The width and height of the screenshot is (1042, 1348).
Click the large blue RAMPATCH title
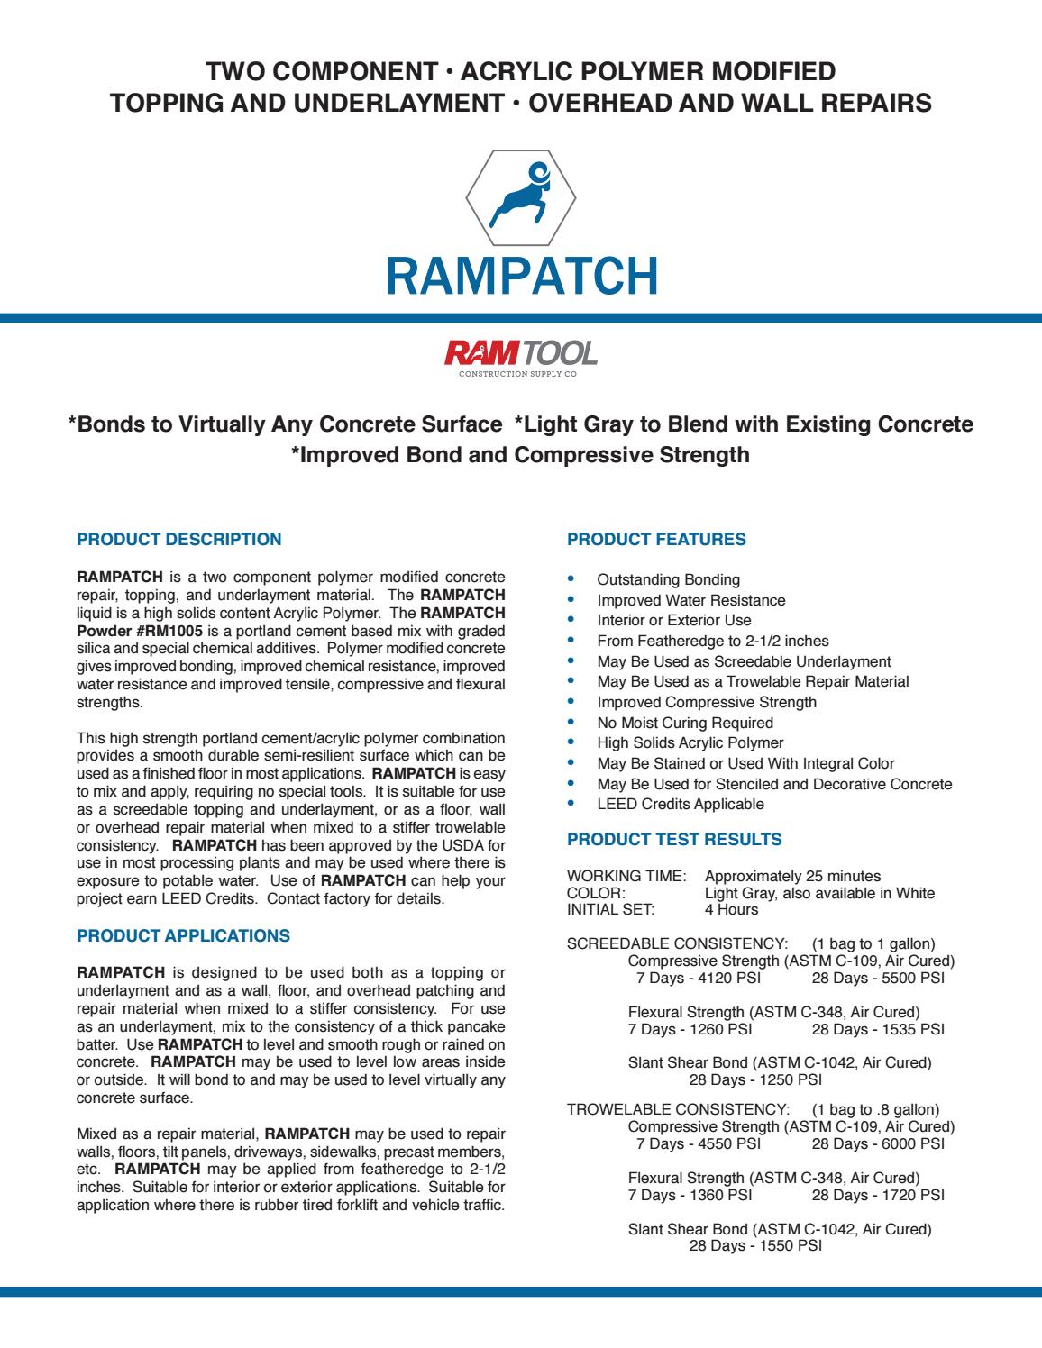tap(521, 276)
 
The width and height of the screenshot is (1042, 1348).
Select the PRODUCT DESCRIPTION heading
tap(179, 540)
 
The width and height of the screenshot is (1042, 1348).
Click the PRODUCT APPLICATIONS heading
tap(184, 936)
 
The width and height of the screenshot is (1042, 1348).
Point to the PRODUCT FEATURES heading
tap(656, 540)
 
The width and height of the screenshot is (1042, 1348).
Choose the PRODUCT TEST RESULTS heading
tap(674, 840)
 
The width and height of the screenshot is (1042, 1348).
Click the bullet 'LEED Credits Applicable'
tap(680, 804)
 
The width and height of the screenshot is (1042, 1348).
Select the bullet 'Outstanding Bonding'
tap(668, 579)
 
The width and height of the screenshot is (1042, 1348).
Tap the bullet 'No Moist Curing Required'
tap(685, 723)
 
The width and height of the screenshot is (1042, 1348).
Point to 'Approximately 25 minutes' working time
tap(792, 876)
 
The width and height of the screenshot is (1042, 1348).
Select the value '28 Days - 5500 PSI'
tap(878, 978)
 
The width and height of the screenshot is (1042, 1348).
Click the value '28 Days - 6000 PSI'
tap(878, 1143)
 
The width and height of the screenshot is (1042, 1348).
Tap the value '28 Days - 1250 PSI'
tap(755, 1079)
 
